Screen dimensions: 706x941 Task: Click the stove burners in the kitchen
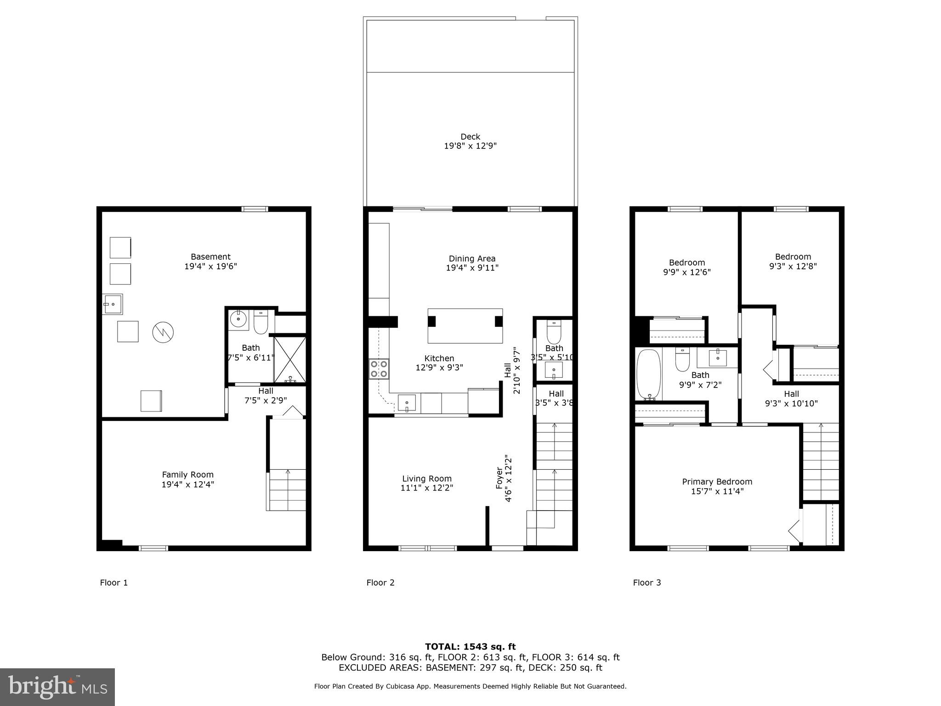coord(379,369)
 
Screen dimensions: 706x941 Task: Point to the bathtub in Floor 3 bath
coord(648,374)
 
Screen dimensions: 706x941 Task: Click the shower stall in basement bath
coord(289,360)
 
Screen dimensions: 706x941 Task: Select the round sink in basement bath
coord(238,318)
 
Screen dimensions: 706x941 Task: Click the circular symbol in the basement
coord(163,332)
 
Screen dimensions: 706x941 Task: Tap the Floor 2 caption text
coord(380,583)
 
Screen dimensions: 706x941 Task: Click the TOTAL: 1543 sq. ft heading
coord(470,647)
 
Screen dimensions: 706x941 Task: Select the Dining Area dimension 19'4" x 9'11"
coord(472,268)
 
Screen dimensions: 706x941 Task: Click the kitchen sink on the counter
coord(407,403)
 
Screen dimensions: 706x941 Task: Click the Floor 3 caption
coord(646,583)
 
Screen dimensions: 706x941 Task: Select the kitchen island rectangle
coord(465,326)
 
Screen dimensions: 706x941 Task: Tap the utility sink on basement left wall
coord(113,304)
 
